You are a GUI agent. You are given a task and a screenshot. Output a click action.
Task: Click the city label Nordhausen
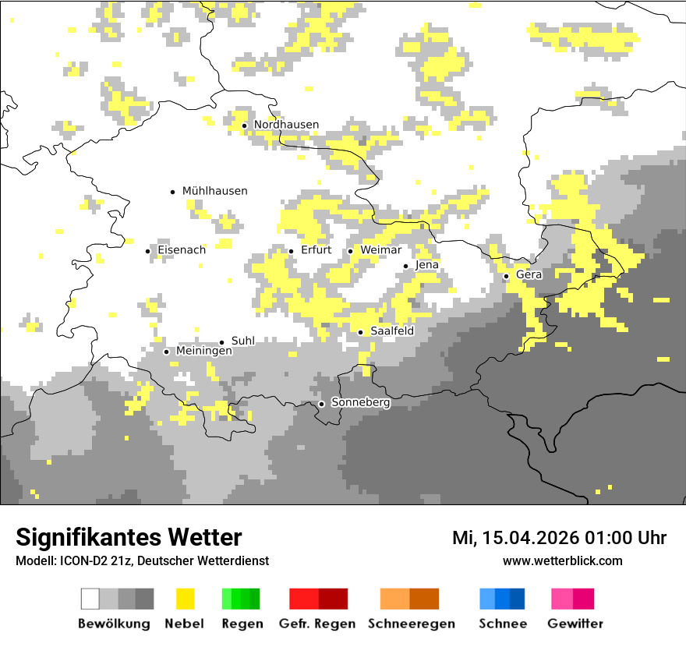click(286, 125)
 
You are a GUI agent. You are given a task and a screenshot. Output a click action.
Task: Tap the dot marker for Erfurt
click(292, 251)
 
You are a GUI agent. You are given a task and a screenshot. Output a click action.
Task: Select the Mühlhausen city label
click(214, 191)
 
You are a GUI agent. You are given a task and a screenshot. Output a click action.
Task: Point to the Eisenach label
click(182, 250)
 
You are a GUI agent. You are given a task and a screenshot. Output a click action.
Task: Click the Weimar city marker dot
click(351, 251)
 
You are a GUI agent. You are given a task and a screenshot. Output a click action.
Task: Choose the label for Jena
click(427, 265)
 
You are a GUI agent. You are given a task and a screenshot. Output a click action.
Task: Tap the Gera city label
click(529, 275)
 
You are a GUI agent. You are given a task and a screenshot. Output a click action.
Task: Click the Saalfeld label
click(391, 331)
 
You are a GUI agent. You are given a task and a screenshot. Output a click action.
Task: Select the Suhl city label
click(243, 341)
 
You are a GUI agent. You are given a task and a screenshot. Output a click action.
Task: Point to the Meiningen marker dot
click(166, 352)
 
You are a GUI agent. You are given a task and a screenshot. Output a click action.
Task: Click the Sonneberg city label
click(360, 403)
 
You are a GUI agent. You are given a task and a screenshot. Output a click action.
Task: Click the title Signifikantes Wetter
click(129, 537)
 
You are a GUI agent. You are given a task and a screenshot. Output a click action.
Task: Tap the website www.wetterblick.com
click(562, 560)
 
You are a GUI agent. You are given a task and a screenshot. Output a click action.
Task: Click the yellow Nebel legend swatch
click(185, 599)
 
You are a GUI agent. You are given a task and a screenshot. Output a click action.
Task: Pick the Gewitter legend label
click(575, 624)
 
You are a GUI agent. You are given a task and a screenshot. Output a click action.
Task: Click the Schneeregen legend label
click(412, 624)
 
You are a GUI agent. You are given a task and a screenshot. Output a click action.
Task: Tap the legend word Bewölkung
click(114, 624)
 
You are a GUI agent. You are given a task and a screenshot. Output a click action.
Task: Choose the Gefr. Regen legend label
click(316, 624)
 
